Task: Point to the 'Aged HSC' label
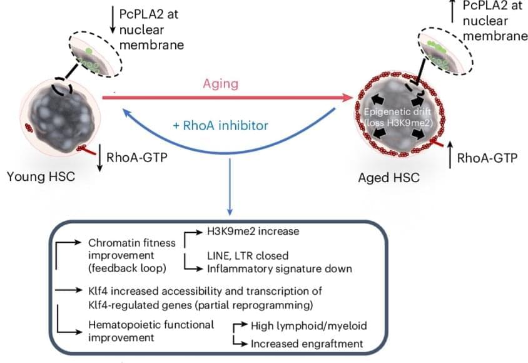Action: tap(388, 178)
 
